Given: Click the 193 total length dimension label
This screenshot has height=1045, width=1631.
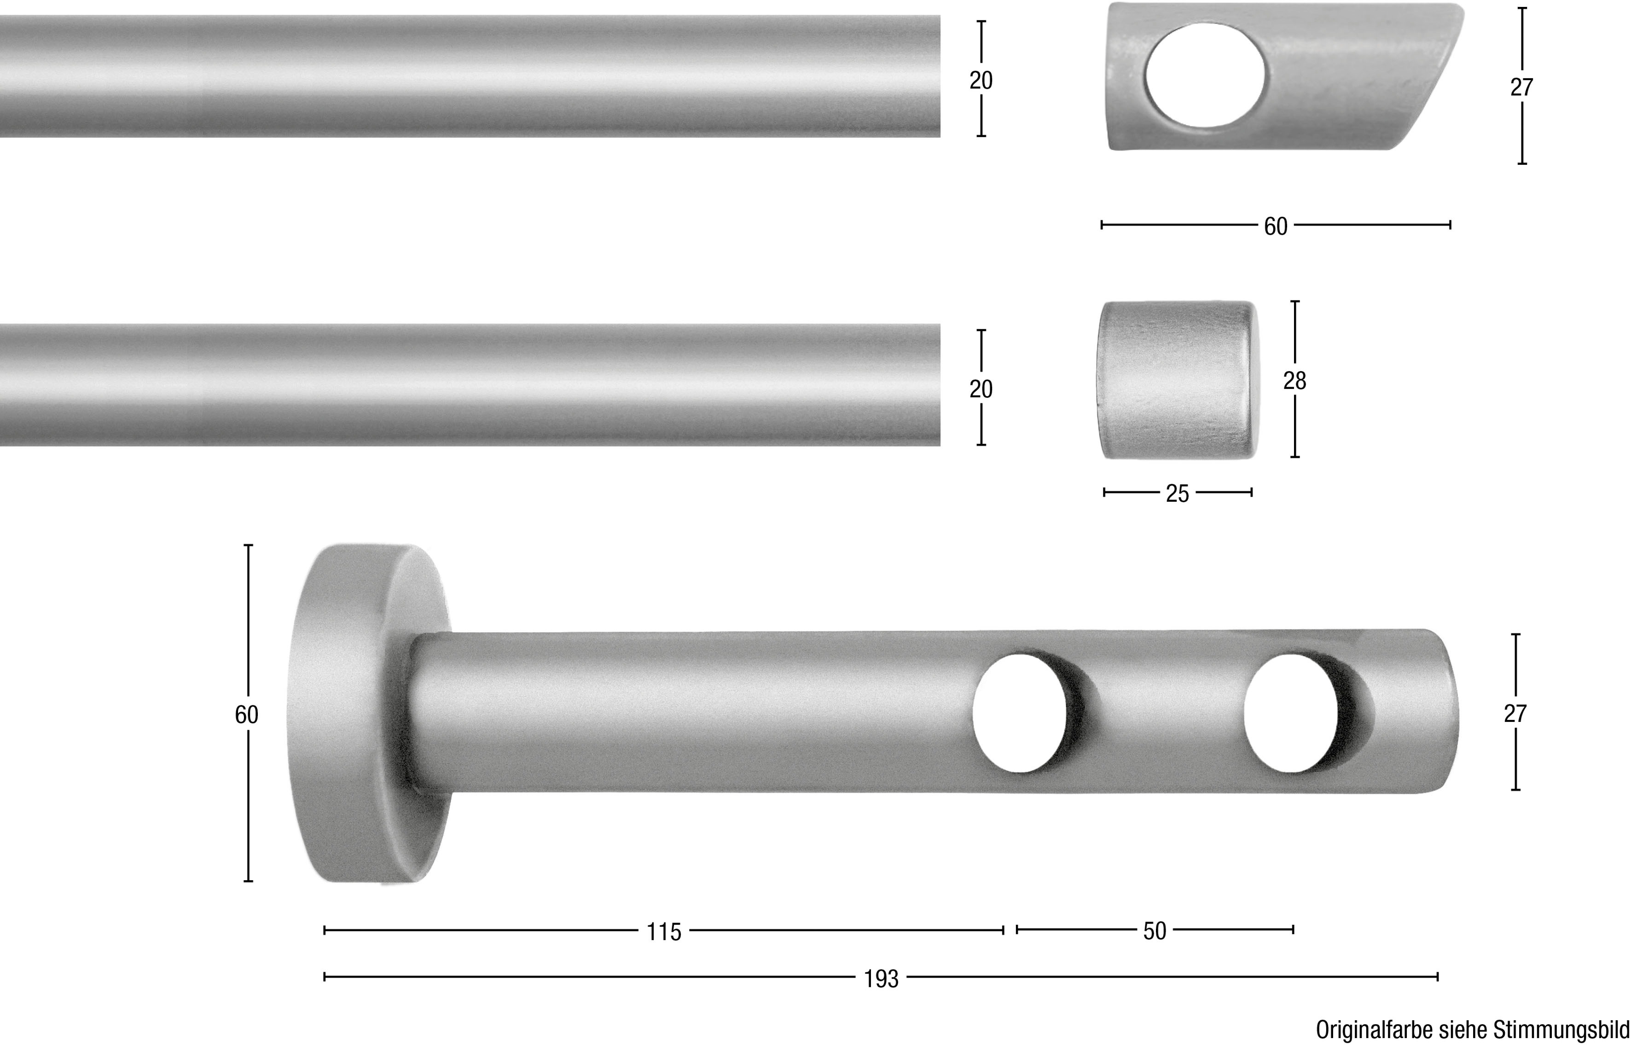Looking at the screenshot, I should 881,979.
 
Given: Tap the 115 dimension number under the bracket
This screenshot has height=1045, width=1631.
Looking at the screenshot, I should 663,932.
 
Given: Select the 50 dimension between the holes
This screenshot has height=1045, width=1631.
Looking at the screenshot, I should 1154,931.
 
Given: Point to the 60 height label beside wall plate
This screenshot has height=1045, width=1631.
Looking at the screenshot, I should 246,714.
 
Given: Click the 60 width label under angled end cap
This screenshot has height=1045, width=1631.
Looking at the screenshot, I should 1276,226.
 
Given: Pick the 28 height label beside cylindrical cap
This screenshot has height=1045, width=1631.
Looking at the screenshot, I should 1294,381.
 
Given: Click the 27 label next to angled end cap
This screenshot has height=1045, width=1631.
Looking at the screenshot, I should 1522,87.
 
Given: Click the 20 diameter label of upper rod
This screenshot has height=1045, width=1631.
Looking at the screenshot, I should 981,81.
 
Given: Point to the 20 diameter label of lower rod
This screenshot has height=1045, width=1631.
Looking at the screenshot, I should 981,389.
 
